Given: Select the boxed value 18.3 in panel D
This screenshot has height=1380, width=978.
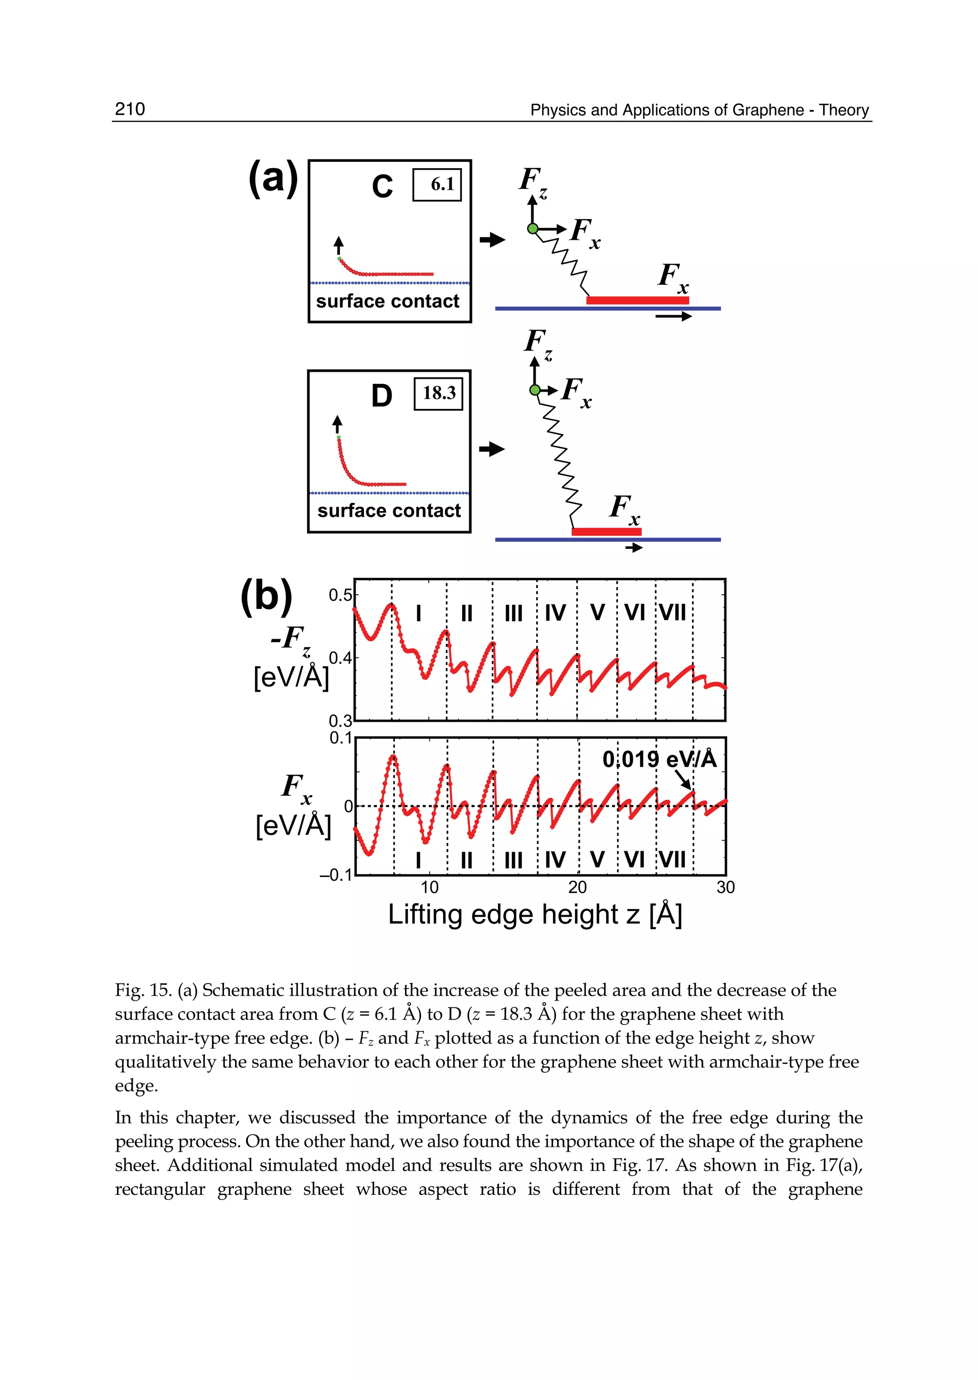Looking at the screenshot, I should click(438, 393).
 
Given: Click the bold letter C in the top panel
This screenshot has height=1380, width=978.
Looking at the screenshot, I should click(383, 187).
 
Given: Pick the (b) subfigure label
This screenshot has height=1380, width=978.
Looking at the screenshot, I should click(266, 596).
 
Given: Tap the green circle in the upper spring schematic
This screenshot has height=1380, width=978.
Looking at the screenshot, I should click(532, 228).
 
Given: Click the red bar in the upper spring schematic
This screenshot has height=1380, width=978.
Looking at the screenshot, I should click(637, 300).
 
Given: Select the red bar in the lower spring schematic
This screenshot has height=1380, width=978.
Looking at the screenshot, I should click(606, 531).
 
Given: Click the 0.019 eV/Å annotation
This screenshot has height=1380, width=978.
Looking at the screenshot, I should click(659, 759).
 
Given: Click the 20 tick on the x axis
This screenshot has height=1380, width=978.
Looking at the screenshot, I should click(577, 887).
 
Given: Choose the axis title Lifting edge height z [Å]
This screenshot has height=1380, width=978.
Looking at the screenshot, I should click(535, 914).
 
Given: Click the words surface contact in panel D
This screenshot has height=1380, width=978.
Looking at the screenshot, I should click(389, 511).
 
